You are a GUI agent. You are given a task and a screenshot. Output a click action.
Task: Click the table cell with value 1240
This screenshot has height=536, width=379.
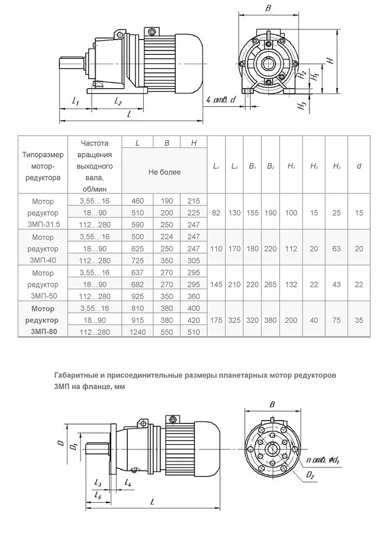click(x=138, y=332)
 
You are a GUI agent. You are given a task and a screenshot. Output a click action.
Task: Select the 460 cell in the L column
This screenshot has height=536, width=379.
click(x=138, y=201)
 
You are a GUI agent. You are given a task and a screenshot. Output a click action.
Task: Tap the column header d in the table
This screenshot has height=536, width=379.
click(x=359, y=166)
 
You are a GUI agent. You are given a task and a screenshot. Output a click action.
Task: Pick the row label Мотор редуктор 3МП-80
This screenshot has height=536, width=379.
click(x=43, y=320)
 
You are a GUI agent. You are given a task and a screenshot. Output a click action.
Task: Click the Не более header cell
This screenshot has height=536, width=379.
click(x=165, y=172)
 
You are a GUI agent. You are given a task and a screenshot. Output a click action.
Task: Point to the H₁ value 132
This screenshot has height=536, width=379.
click(x=292, y=284)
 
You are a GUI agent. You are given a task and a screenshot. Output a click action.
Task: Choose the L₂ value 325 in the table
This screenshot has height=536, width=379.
click(x=234, y=320)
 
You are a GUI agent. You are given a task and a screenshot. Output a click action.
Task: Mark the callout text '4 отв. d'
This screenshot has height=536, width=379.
click(x=221, y=100)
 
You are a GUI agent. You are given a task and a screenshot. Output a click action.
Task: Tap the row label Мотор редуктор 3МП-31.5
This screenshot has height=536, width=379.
click(x=43, y=213)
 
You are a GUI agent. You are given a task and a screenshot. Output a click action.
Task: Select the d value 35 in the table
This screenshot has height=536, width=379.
click(x=359, y=320)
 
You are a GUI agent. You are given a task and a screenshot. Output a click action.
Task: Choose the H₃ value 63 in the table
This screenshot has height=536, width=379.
click(x=337, y=248)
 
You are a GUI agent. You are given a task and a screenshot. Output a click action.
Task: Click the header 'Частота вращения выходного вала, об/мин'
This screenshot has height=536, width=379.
click(x=94, y=166)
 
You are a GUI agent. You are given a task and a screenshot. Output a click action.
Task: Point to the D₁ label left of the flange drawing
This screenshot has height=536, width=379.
click(x=72, y=446)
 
